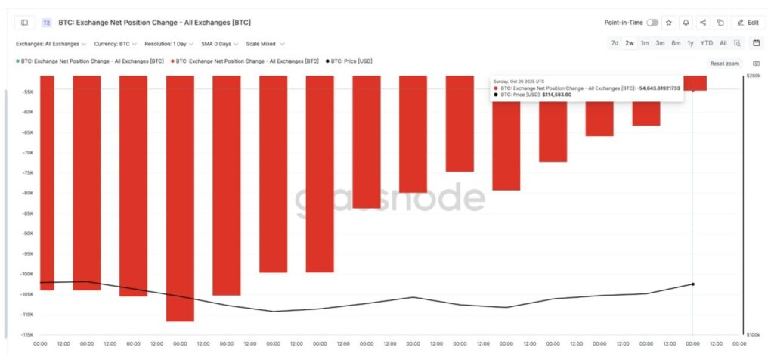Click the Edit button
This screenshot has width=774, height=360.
click(x=748, y=23)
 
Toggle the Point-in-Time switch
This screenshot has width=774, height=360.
click(x=652, y=23)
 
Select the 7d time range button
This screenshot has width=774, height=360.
click(x=615, y=43)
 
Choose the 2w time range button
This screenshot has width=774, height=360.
click(x=629, y=43)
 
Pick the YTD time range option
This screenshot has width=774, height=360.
click(x=706, y=43)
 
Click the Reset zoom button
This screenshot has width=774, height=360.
click(x=725, y=63)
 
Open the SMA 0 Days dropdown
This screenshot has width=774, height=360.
click(x=218, y=44)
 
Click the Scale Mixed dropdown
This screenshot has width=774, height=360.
click(x=265, y=44)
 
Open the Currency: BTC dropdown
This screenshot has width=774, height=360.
click(x=114, y=44)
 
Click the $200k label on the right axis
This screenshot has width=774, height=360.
click(x=754, y=76)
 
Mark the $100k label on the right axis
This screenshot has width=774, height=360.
click(x=754, y=334)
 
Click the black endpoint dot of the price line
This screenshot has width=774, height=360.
click(x=693, y=284)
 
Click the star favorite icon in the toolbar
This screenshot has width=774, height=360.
click(x=669, y=23)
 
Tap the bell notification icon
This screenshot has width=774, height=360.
click(x=686, y=23)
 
